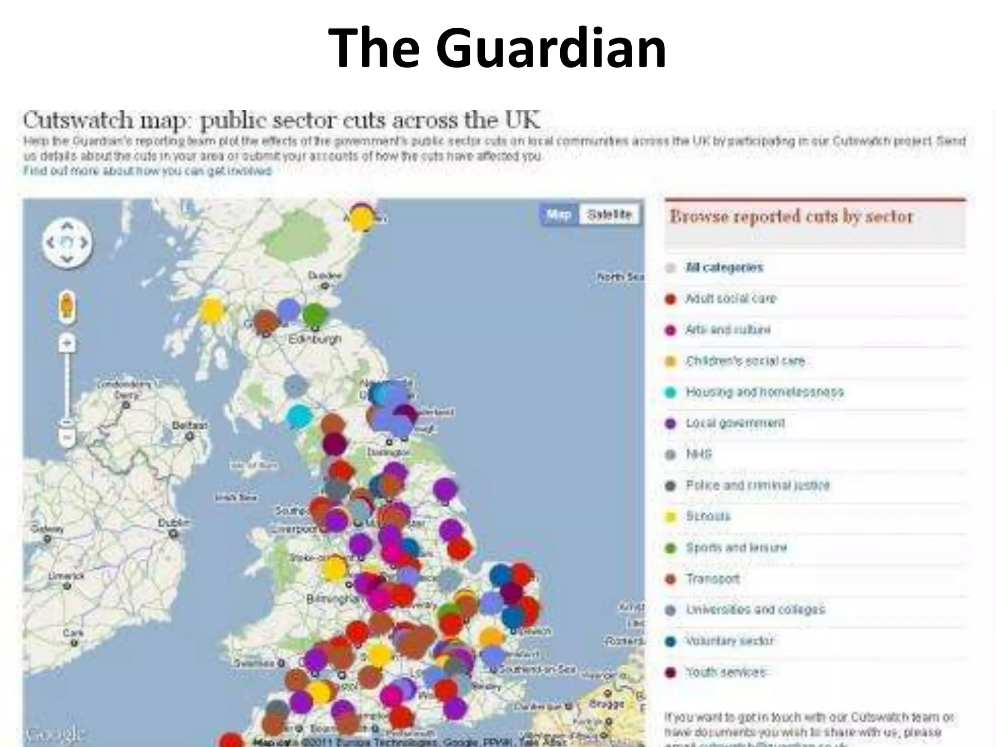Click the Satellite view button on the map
click(609, 214)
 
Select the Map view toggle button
click(559, 214)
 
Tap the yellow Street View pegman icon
click(67, 306)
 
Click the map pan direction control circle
click(67, 242)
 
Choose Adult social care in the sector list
click(730, 299)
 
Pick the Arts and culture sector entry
click(728, 330)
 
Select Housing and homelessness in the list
click(764, 392)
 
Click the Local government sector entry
click(735, 423)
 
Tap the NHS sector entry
click(699, 454)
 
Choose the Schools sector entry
click(708, 516)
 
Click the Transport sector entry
click(712, 579)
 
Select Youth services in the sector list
click(726, 672)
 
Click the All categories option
click(724, 267)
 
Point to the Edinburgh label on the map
click(315, 338)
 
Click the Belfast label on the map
click(190, 426)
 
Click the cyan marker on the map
click(299, 416)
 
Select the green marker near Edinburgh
click(314, 314)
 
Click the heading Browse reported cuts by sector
click(791, 216)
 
